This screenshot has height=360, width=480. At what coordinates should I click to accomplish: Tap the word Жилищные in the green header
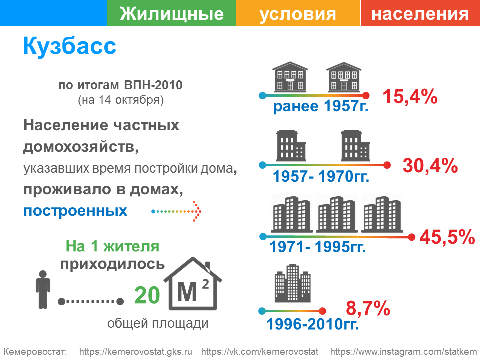tap(172, 14)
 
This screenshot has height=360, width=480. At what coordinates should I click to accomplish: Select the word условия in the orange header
tap(298, 14)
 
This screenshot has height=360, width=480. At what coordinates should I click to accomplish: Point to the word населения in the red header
tap(420, 14)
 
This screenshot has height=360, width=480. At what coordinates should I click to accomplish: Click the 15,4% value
tap(410, 97)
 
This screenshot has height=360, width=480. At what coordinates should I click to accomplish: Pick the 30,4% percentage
tap(430, 166)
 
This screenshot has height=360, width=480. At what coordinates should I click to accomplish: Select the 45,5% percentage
tap(447, 237)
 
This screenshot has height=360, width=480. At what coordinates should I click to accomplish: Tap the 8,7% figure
tap(368, 308)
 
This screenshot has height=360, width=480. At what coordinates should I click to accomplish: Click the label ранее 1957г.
tap(321, 106)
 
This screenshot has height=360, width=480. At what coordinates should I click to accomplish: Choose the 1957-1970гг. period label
tap(321, 176)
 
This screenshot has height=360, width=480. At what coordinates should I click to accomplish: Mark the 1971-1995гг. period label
tap(318, 247)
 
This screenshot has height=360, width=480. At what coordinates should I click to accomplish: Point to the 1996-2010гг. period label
tap(312, 324)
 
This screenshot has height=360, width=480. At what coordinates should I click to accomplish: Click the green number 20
tap(147, 295)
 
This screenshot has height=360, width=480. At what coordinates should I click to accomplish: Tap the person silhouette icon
tap(43, 290)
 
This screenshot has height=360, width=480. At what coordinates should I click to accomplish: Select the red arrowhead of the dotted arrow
tap(197, 211)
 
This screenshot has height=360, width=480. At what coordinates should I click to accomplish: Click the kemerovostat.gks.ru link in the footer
tap(136, 352)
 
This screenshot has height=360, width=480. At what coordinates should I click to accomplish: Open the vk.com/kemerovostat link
tap(260, 352)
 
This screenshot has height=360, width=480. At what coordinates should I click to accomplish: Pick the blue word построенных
tap(75, 211)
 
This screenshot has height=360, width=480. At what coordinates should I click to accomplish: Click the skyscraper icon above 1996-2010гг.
tap(293, 283)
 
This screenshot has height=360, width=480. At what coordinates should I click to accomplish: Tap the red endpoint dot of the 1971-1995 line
tap(411, 237)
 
